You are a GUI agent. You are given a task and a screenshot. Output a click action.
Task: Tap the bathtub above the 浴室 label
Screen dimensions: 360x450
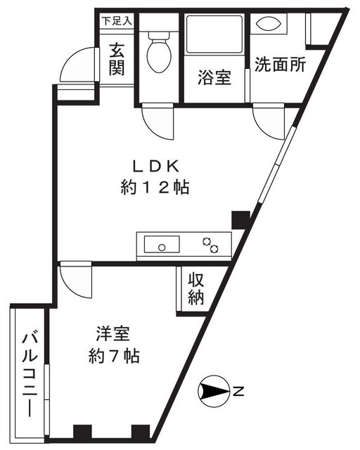(214, 34)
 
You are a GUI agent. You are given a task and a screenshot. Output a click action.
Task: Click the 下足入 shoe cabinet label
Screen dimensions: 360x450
(117, 21)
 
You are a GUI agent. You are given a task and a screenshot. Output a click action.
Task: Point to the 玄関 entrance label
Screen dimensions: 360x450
(117, 59)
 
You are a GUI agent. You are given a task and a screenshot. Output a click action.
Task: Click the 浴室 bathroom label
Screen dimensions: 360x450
(214, 77)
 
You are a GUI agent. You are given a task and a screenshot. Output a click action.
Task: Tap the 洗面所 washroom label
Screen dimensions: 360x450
(280, 64)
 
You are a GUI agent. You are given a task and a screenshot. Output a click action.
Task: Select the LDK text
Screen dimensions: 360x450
(155, 167)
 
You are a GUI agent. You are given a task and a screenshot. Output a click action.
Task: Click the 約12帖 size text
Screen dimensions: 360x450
(155, 188)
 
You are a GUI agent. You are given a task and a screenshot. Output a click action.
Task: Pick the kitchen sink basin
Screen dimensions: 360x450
(162, 244)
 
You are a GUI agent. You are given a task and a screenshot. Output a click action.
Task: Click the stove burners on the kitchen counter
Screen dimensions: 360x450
(210, 245)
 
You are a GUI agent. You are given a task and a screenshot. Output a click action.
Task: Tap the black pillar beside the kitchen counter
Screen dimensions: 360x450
(240, 220)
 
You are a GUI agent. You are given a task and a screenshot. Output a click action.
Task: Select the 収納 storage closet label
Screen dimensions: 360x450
(196, 289)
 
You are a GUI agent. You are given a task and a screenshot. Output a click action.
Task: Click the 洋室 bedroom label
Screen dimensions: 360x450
(112, 334)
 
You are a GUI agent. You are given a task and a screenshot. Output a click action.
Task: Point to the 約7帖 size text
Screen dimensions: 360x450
(115, 356)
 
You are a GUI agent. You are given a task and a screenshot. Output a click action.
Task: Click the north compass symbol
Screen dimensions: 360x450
(214, 391)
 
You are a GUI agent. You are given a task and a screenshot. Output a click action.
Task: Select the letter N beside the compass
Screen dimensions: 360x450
(238, 392)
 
